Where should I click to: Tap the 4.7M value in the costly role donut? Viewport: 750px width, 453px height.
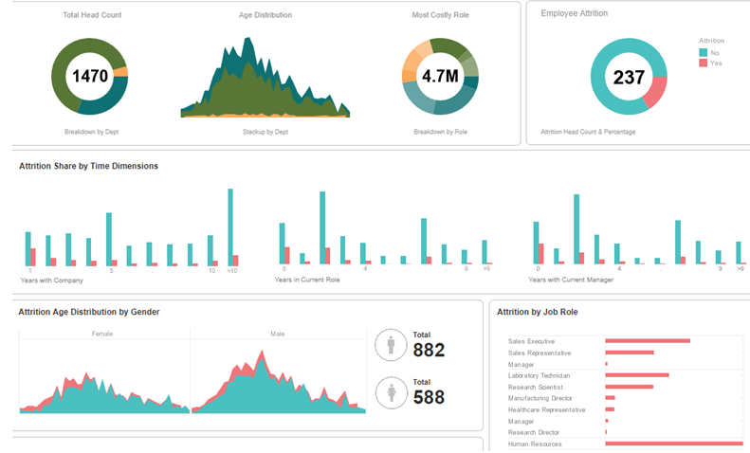[x=440, y=76]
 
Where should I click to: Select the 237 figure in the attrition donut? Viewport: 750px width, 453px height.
[x=628, y=78]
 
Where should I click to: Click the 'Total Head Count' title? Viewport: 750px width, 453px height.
[x=92, y=15]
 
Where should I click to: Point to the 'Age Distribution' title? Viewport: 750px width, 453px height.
[x=265, y=15]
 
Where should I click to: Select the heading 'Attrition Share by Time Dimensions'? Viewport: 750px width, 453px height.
[x=88, y=166]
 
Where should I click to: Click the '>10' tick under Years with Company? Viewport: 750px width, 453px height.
[x=232, y=271]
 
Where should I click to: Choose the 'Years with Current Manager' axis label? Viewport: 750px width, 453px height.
[x=571, y=280]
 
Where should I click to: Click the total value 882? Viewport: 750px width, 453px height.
[x=429, y=350]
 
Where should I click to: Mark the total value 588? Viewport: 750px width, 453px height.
[x=429, y=397]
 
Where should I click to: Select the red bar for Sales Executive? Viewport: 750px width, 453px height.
[x=647, y=341]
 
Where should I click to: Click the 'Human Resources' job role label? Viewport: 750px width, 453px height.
[x=535, y=444]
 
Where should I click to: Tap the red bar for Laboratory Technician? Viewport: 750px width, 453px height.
[x=636, y=375]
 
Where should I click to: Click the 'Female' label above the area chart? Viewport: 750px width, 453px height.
[x=103, y=334]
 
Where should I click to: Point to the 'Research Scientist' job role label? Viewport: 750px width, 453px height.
[x=537, y=387]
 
